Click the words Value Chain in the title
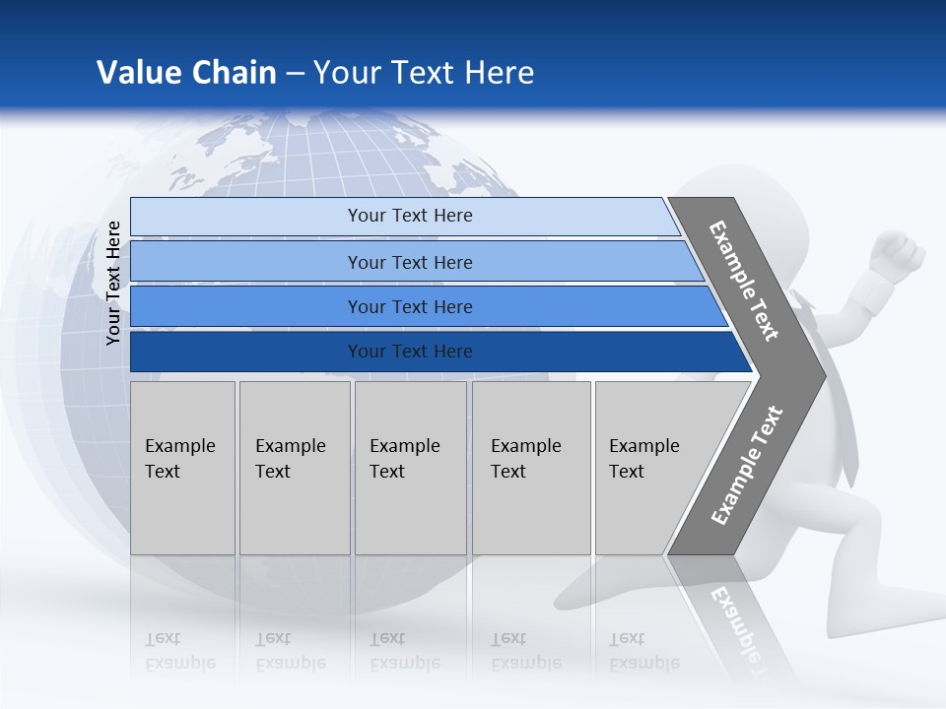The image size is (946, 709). coord(186,73)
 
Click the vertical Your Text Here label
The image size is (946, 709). coord(114,284)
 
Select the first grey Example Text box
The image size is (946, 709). coord(182,468)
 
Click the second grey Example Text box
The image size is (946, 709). coord(295,468)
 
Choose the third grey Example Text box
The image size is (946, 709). coord(410,468)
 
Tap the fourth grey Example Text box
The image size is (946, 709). coord(531,468)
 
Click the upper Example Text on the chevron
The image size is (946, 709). coord(744,281)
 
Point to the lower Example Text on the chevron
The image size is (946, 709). coord(747,466)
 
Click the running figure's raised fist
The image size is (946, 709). coord(900,253)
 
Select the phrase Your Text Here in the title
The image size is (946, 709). coord(424,73)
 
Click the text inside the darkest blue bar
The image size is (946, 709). coord(410,352)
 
